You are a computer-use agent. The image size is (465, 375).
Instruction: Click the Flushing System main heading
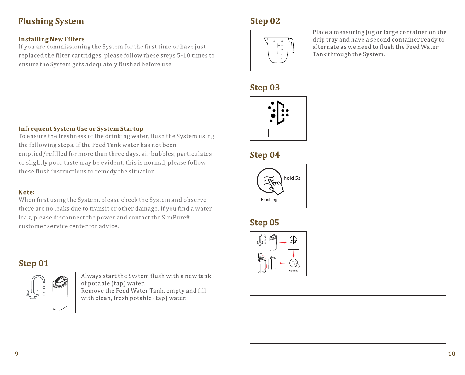(51, 21)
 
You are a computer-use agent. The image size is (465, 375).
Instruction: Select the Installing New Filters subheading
(51, 39)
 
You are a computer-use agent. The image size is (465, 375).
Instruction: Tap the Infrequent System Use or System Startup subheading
(81, 129)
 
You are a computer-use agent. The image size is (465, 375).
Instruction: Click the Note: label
(26, 192)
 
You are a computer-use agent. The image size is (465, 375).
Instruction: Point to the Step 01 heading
(33, 263)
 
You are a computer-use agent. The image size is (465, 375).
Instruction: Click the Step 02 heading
(265, 21)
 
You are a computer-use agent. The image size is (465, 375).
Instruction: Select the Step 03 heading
(265, 88)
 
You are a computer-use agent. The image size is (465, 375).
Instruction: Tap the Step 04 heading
(265, 155)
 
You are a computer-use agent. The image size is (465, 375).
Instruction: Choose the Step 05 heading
(264, 223)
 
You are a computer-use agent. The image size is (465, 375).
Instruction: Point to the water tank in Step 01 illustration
(60, 293)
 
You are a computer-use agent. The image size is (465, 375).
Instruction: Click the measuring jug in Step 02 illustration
(279, 50)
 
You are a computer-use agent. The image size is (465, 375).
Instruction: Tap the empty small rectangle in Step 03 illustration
(278, 133)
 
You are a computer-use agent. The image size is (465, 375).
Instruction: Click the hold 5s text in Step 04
(292, 178)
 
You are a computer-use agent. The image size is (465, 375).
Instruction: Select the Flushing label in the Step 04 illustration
(269, 200)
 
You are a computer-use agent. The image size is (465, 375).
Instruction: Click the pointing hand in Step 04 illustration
(276, 187)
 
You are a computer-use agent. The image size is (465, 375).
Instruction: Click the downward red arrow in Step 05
(294, 254)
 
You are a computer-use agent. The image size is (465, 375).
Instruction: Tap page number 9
(17, 354)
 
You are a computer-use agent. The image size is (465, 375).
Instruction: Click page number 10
(452, 354)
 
